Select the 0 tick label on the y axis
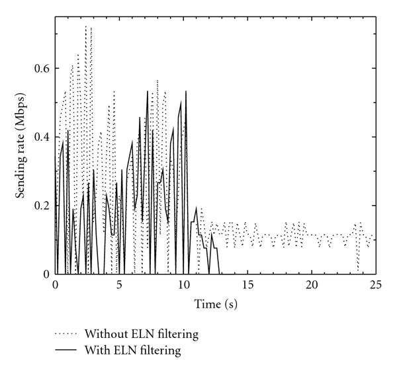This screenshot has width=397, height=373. point(46,274)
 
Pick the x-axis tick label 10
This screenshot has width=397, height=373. point(183,284)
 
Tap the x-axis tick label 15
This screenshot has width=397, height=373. point(247,284)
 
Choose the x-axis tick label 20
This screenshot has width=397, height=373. point(312,284)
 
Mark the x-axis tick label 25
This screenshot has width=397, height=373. point(376,284)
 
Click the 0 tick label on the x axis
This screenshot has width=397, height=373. point(55,284)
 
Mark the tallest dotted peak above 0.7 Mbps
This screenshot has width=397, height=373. point(86,26)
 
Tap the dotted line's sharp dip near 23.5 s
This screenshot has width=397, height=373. point(358,270)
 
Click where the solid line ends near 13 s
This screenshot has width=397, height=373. point(220,273)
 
